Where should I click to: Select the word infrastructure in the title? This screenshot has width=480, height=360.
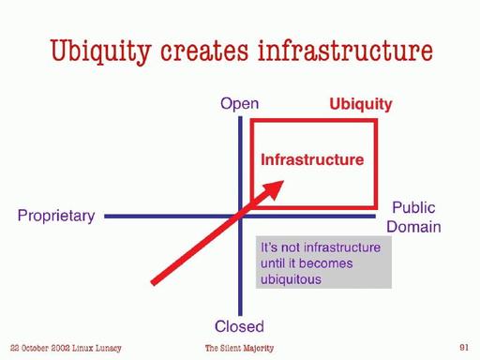click(356, 51)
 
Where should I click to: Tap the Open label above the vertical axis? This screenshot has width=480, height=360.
click(239, 104)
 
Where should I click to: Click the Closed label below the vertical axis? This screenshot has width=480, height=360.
click(239, 326)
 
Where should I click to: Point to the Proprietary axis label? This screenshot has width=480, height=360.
click(56, 217)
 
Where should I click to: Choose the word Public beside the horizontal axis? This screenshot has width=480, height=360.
click(413, 208)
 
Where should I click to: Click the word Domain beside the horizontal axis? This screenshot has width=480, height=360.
click(416, 226)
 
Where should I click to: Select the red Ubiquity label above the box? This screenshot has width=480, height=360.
click(361, 104)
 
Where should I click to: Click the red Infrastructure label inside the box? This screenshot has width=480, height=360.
click(311, 160)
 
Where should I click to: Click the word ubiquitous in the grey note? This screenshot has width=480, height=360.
click(292, 278)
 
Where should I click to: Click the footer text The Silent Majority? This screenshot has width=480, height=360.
click(239, 349)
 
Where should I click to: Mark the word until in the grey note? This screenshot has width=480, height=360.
click(275, 262)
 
